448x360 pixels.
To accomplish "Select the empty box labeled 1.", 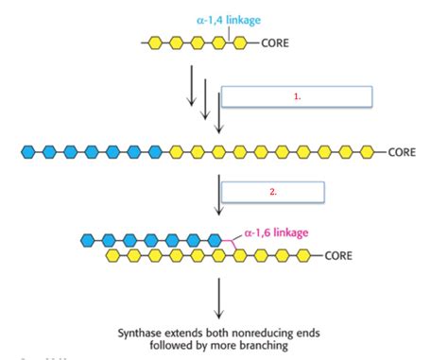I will pyautogui.click(x=297, y=97).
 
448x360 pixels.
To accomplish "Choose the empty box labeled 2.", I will pyautogui.click(x=272, y=191).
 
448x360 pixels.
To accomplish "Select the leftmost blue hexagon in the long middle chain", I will pyautogui.click(x=28, y=151).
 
